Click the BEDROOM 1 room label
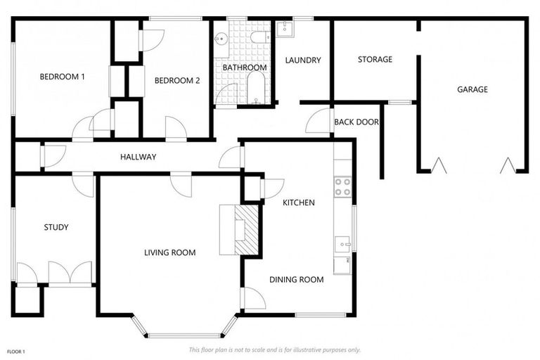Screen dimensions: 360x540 (62, 77)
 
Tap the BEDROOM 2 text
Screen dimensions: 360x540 (177, 81)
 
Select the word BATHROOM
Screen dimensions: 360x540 (245, 67)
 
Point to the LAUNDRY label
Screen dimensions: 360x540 (303, 60)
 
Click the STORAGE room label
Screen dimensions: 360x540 (375, 60)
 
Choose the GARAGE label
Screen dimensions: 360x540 (472, 89)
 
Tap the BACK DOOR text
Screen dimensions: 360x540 (356, 122)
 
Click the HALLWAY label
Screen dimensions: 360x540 (138, 157)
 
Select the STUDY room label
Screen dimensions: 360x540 (56, 227)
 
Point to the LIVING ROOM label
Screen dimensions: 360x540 (169, 252)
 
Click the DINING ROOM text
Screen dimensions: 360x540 (297, 279)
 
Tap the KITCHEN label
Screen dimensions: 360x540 (298, 202)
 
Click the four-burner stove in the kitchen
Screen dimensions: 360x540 (342, 186)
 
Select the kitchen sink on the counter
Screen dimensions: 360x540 (342, 243)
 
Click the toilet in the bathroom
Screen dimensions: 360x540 (258, 36)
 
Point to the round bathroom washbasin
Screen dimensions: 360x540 (221, 38)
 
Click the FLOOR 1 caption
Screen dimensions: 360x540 (15, 351)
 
